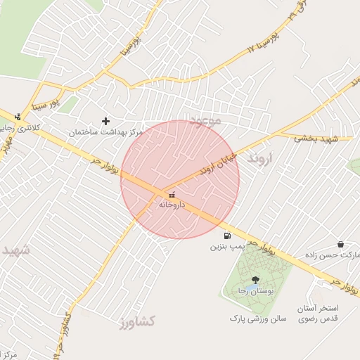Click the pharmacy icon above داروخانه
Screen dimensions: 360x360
coord(172,194)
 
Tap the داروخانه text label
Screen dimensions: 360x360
coord(172,205)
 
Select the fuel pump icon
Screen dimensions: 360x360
coord(226,236)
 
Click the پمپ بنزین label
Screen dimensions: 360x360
coord(227,247)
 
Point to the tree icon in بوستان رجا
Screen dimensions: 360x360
coord(255,280)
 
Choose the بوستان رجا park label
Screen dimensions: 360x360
coord(254,290)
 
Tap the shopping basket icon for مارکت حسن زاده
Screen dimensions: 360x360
coord(341,244)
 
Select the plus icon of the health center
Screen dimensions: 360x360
coord(106,121)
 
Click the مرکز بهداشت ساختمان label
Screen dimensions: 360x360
coord(106,132)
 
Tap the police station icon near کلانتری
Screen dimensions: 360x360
coord(18,117)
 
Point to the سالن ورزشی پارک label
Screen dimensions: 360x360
coord(258,319)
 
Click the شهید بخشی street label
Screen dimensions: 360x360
coord(316,139)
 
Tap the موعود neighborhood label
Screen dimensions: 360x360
coord(205,121)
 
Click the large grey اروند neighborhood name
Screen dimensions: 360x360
coord(263,159)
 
